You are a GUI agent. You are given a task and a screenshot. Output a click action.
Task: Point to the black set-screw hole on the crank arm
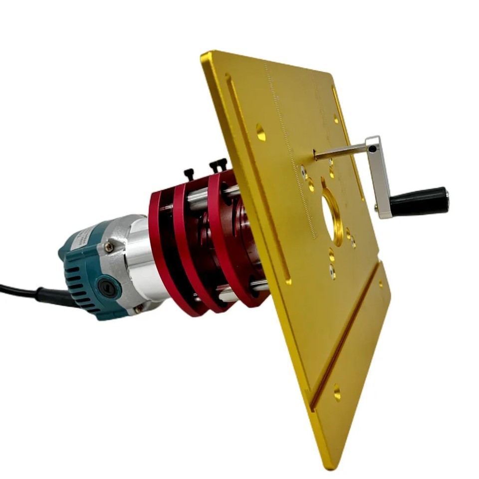tap(373, 149)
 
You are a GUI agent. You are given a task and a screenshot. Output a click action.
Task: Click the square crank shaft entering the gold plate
tap(339, 151)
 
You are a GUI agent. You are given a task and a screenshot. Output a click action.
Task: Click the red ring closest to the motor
tap(160, 249)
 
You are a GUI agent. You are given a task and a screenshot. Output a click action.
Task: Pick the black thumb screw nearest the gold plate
tap(219, 165)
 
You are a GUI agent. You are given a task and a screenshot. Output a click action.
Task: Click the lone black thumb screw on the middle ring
tap(189, 174)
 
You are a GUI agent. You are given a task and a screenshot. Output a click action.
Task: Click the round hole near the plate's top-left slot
tap(260, 132)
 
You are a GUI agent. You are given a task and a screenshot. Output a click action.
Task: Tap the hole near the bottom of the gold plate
tap(337, 393)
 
